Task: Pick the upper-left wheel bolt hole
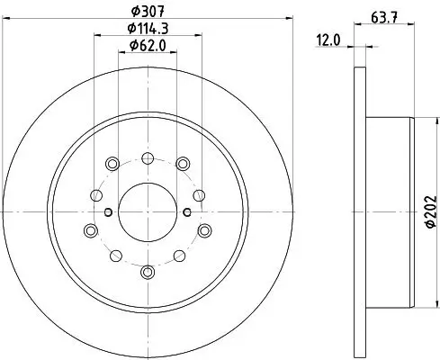point(112,163)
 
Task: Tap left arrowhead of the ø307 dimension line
point(7,20)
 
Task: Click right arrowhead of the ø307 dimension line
point(290,20)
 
